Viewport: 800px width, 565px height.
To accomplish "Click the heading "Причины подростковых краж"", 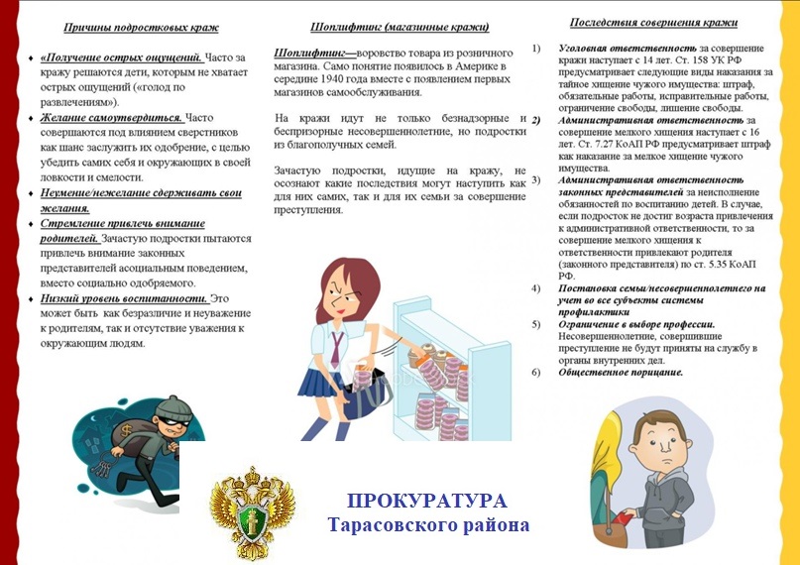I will tap(141, 27).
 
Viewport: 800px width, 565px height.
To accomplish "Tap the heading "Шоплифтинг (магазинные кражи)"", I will tap(400, 27).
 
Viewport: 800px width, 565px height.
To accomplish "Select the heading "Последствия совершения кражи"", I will tap(654, 23).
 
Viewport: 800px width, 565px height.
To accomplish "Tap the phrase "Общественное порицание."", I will tap(621, 373).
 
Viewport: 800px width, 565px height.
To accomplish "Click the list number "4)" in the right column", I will tap(536, 288).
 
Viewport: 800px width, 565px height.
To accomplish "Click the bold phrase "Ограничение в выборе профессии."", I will tap(636, 324).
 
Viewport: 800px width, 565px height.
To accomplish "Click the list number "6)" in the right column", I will tap(536, 373).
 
